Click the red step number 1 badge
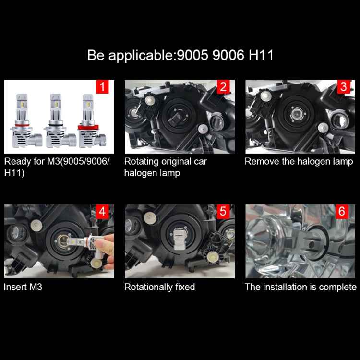[102, 87]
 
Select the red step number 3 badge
[343, 87]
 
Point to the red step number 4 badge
[102, 212]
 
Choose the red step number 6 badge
[343, 212]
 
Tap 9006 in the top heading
[225, 55]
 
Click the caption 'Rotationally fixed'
[159, 287]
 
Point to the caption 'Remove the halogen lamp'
[299, 161]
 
